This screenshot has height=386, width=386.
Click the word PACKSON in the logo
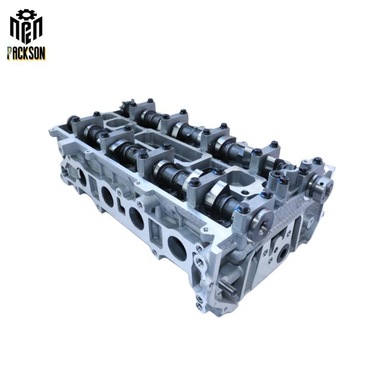click(26, 53)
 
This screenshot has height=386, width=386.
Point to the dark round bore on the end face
click(283, 254)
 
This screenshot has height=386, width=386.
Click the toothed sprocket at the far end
click(126, 106)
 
